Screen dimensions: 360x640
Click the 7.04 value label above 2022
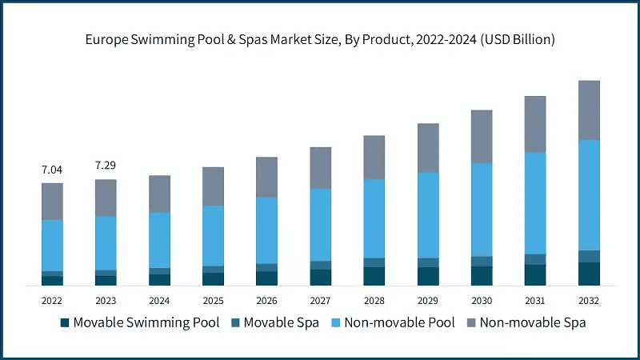pyautogui.click(x=52, y=170)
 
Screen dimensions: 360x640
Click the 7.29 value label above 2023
pyautogui.click(x=106, y=166)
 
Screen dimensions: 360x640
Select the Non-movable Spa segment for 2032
pyautogui.click(x=589, y=110)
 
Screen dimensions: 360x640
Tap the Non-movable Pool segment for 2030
pyautogui.click(x=482, y=210)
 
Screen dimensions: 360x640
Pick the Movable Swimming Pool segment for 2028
pyautogui.click(x=374, y=276)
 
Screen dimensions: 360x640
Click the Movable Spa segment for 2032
pyautogui.click(x=589, y=256)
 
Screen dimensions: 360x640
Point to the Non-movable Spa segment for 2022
pyautogui.click(x=52, y=202)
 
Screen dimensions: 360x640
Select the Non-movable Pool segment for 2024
pyautogui.click(x=159, y=240)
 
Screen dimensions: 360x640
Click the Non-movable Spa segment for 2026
pyautogui.click(x=266, y=177)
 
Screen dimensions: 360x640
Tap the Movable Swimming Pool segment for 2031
pyautogui.click(x=535, y=274)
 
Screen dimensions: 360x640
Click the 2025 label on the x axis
pyautogui.click(x=213, y=301)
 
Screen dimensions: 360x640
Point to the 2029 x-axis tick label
pyautogui.click(x=428, y=301)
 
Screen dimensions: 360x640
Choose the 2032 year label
pyautogui.click(x=589, y=301)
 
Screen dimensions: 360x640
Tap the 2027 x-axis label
pyautogui.click(x=320, y=301)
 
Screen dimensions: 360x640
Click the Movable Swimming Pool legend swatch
pyautogui.click(x=64, y=323)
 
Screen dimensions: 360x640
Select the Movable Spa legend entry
pyautogui.click(x=272, y=323)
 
